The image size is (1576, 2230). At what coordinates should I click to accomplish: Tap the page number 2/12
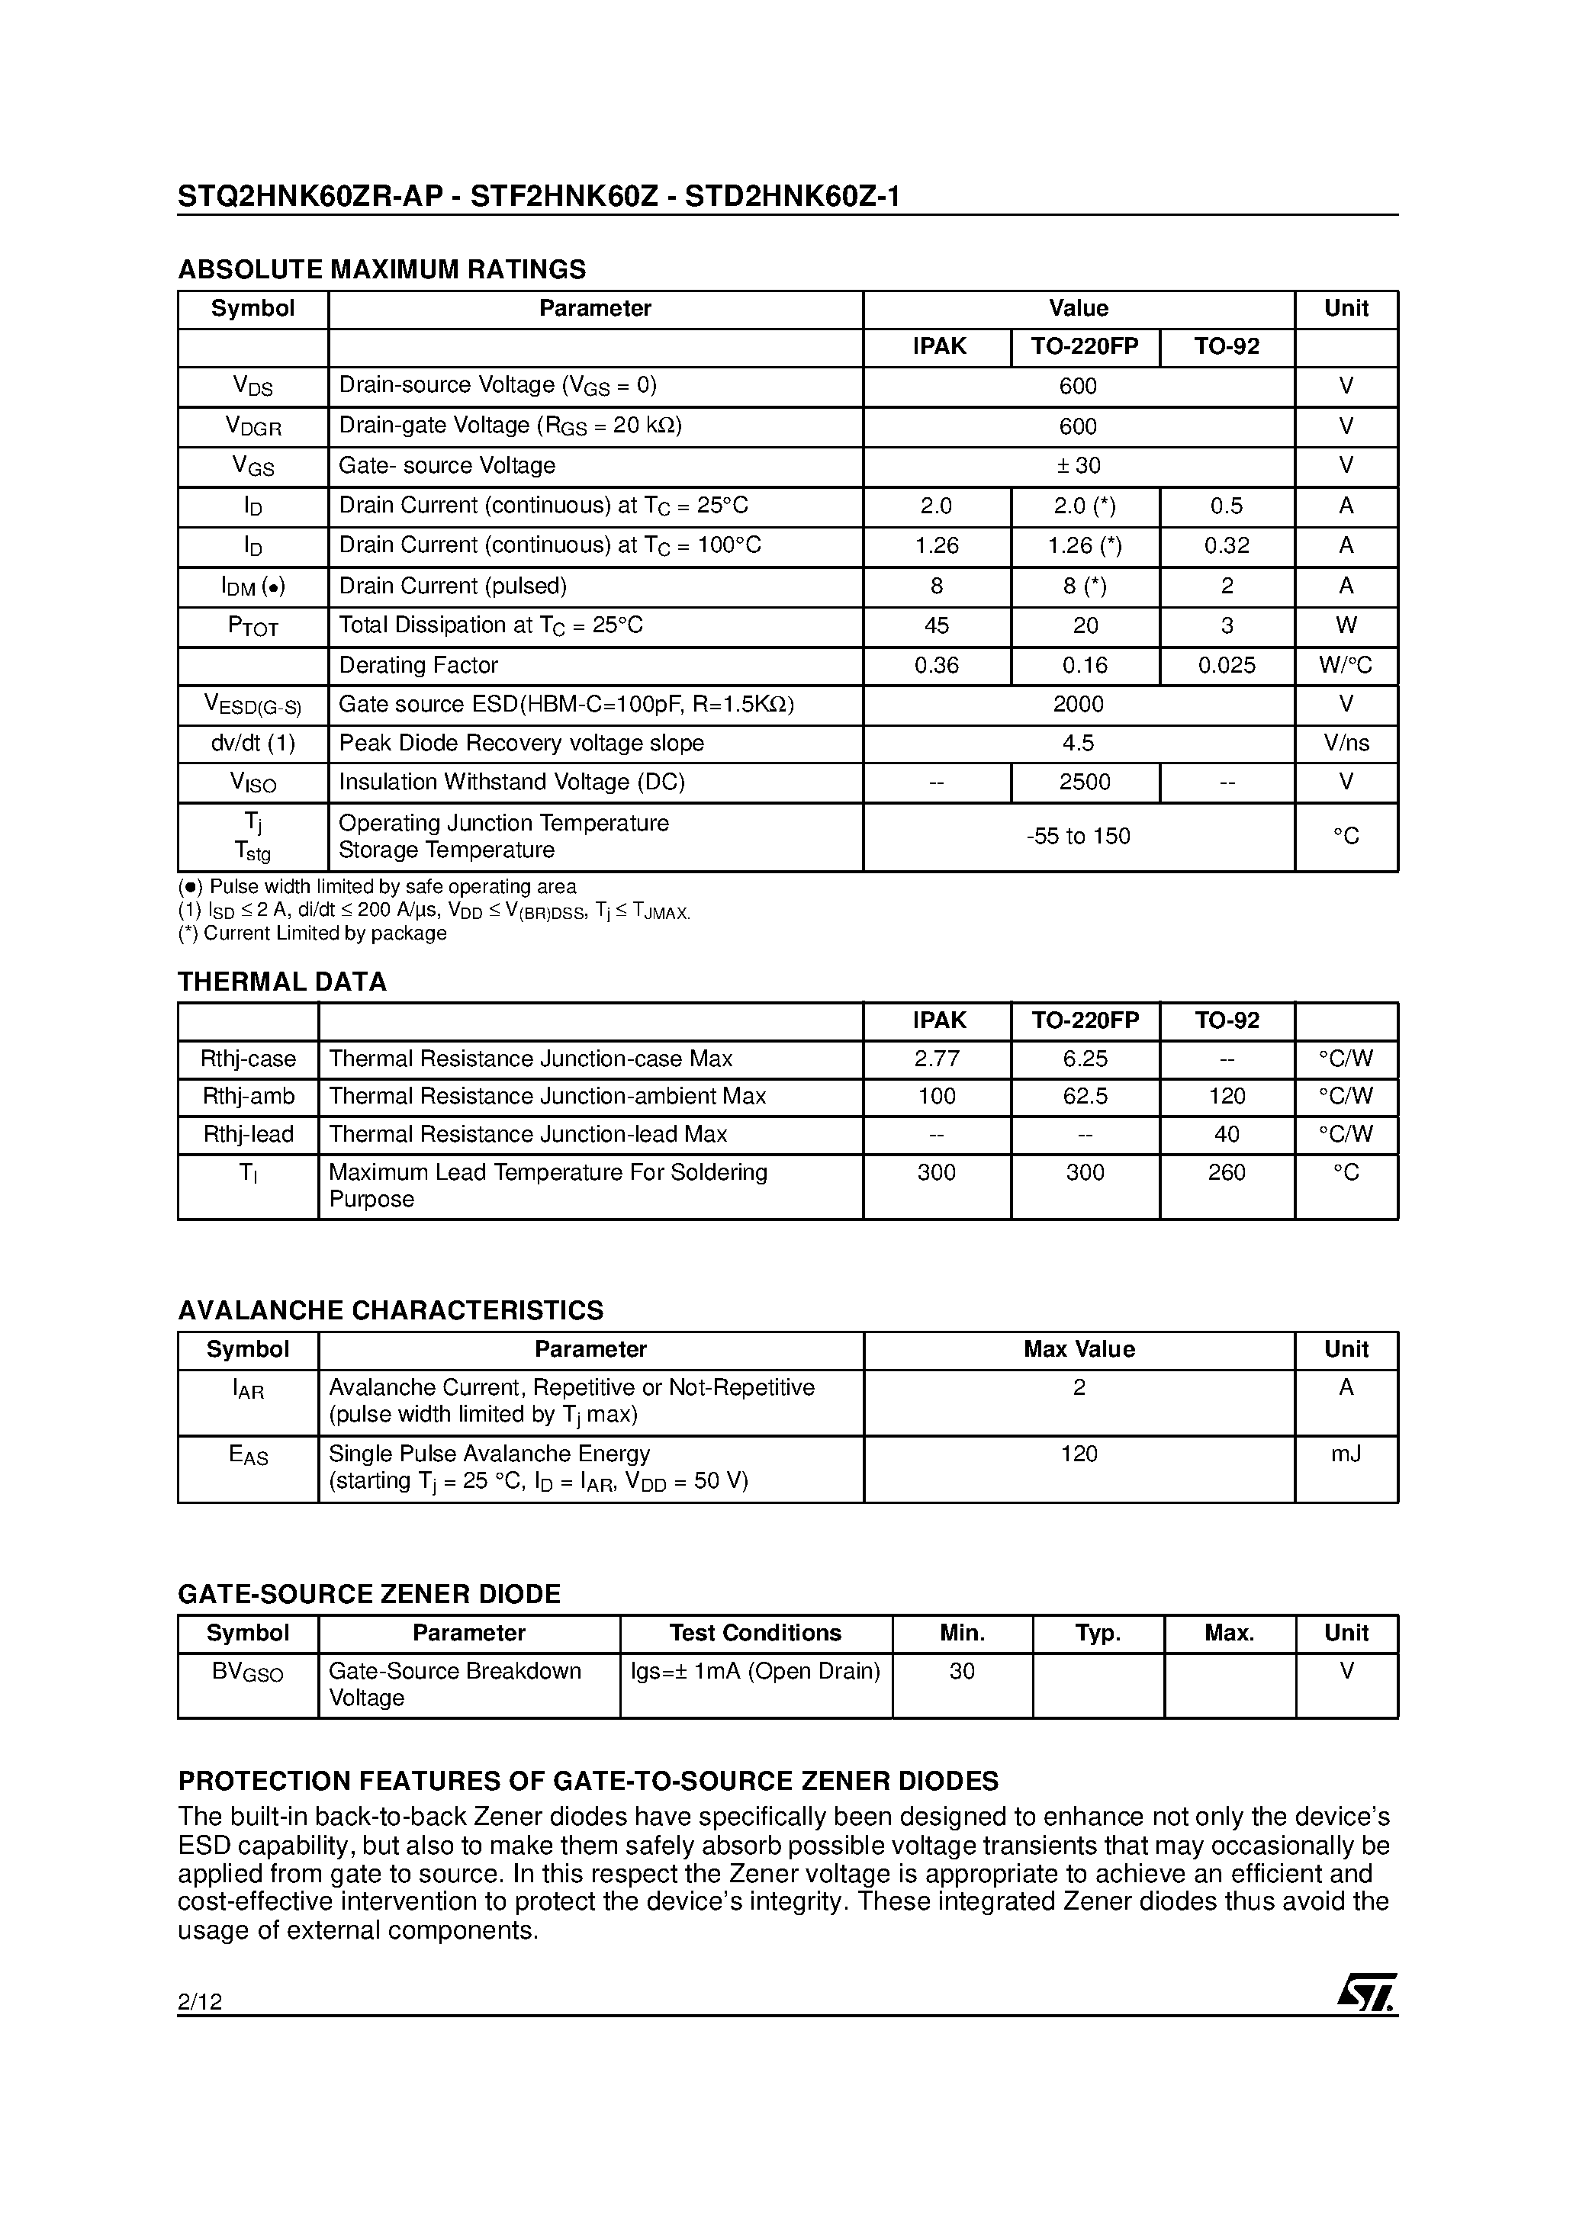point(200,2000)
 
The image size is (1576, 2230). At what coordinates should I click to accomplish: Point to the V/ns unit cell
point(1346,743)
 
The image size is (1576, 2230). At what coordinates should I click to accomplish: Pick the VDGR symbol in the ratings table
point(252,426)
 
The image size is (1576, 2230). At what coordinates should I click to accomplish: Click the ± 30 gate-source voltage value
point(1079,465)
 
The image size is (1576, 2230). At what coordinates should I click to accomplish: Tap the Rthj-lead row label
point(248,1134)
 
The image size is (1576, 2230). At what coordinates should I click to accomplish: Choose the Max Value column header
point(1079,1349)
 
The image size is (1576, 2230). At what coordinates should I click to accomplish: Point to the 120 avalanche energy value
point(1079,1454)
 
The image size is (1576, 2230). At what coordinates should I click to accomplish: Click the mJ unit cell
point(1346,1454)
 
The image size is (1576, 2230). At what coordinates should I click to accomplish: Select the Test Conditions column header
point(755,1633)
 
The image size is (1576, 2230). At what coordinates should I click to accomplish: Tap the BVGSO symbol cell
point(248,1672)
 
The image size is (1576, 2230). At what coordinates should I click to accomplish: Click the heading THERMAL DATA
point(281,982)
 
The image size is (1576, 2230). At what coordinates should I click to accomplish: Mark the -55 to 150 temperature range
point(1079,836)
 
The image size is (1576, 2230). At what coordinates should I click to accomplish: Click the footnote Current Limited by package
point(313,933)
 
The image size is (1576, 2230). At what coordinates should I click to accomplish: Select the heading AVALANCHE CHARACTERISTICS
point(390,1310)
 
